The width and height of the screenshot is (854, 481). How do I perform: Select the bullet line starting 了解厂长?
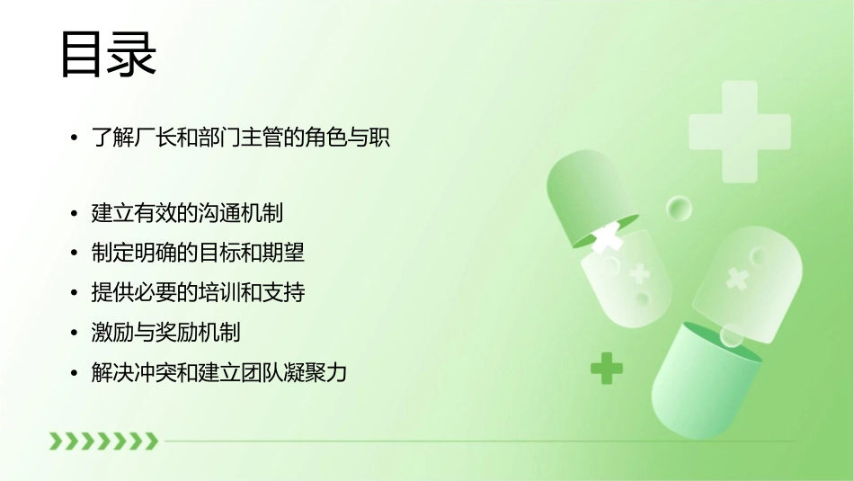coord(241,138)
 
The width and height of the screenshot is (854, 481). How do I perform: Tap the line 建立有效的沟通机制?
coord(187,213)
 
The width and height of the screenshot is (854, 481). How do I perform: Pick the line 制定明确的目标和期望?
coord(198,253)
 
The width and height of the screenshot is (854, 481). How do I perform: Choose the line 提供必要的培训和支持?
coord(198,292)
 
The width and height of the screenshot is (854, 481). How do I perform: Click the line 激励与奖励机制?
coord(165,332)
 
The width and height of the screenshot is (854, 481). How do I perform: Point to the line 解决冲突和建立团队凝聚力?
coord(218,371)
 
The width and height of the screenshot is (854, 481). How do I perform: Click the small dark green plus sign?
coord(607,368)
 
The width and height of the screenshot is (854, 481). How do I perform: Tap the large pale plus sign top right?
coord(739,131)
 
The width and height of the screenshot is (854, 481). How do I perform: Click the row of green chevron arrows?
coord(103,441)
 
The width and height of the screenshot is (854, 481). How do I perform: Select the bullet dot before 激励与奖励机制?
coord(75,333)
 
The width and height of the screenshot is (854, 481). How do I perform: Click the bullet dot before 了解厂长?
coord(75,139)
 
